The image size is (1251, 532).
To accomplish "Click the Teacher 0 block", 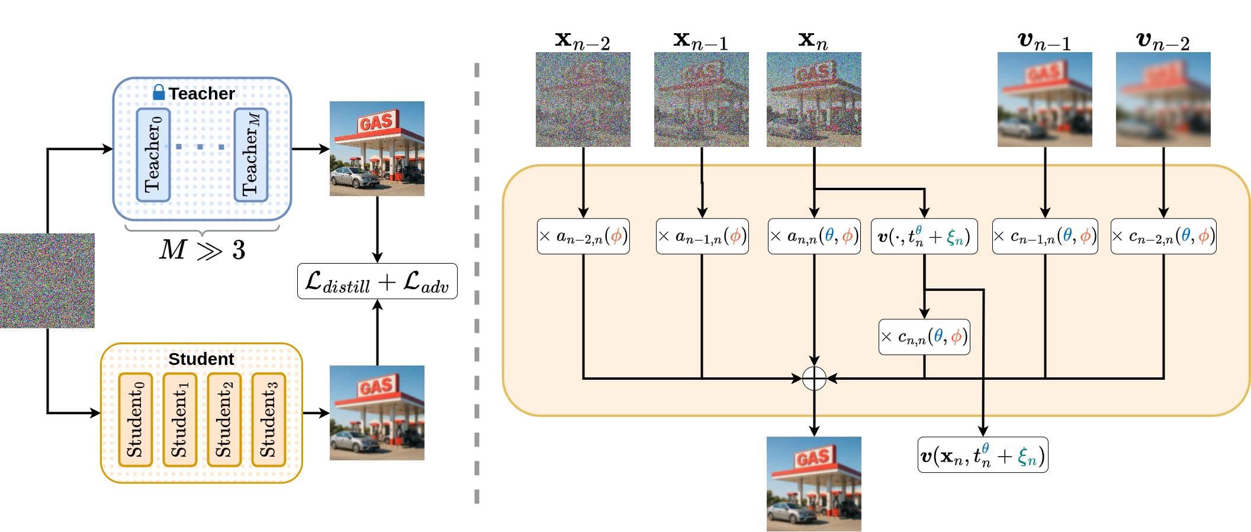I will tap(153, 155).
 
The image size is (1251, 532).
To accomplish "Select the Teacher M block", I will tap(251, 155).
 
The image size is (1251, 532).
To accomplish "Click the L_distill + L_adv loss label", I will tap(377, 281).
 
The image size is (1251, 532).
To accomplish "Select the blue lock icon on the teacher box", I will tap(159, 92).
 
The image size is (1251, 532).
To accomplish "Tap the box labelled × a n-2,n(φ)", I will tap(583, 236).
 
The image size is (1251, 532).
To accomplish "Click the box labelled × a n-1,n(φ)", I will tap(702, 236).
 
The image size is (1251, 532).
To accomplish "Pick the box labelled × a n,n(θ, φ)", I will tap(814, 236).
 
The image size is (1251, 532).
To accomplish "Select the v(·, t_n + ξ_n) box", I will tap(924, 236).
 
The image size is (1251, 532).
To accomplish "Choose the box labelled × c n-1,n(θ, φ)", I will tap(1045, 236).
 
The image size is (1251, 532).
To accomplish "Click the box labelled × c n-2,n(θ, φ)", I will tap(1163, 236).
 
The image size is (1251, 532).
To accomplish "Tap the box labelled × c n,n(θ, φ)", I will tap(924, 337).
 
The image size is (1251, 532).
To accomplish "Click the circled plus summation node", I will tap(814, 378).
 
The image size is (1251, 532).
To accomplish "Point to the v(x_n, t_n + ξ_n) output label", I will tap(983, 455).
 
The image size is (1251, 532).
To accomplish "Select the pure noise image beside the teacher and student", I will tap(47, 281).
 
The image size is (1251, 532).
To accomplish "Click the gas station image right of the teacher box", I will tap(377, 149).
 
